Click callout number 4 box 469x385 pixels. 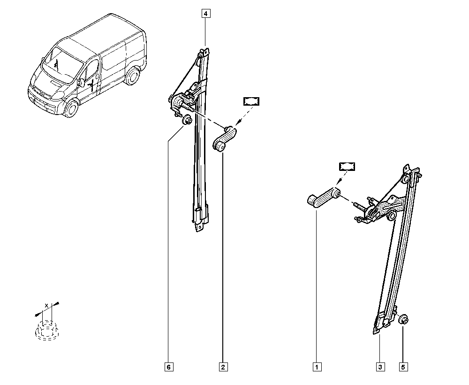(x=206, y=14)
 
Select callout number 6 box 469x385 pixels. (x=169, y=367)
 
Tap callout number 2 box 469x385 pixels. (x=223, y=367)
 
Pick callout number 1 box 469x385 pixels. (x=317, y=367)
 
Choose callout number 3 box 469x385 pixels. (x=380, y=367)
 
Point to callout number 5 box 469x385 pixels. (x=403, y=367)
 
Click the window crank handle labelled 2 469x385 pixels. (x=225, y=139)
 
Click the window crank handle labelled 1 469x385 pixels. (x=324, y=197)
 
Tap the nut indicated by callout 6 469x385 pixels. (x=187, y=121)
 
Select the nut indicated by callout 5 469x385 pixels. (x=404, y=319)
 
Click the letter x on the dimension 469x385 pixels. (x=46, y=305)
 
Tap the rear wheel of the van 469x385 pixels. (x=132, y=76)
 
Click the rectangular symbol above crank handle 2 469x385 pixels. (x=251, y=101)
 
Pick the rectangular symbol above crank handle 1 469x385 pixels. (x=347, y=167)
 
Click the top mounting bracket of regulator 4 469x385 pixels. (x=204, y=53)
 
